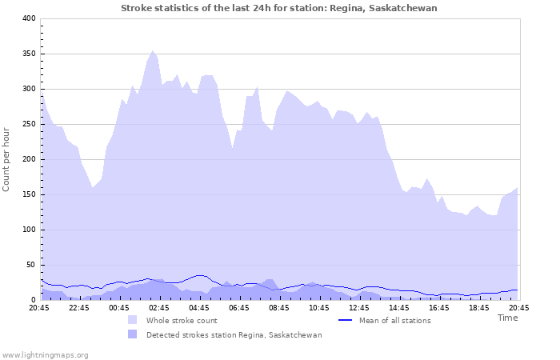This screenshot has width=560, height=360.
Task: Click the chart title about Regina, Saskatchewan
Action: (279, 8)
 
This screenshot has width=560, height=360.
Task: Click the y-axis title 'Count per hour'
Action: (7, 159)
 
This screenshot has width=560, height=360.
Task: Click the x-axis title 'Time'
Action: (507, 318)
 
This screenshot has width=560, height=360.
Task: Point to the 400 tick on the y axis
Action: (29, 18)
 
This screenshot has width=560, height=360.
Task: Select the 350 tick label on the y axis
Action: (29, 54)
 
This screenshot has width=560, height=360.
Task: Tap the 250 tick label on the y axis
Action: (29, 124)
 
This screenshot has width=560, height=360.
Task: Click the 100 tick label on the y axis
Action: (29, 230)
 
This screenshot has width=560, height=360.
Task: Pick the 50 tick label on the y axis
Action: (31, 265)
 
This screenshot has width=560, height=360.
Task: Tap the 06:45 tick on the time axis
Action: (239, 307)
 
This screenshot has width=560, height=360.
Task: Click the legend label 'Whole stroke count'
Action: (182, 320)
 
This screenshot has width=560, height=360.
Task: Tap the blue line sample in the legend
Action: (346, 320)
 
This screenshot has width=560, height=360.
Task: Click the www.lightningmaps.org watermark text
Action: (45, 354)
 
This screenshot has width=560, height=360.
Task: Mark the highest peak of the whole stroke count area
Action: (153, 50)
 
